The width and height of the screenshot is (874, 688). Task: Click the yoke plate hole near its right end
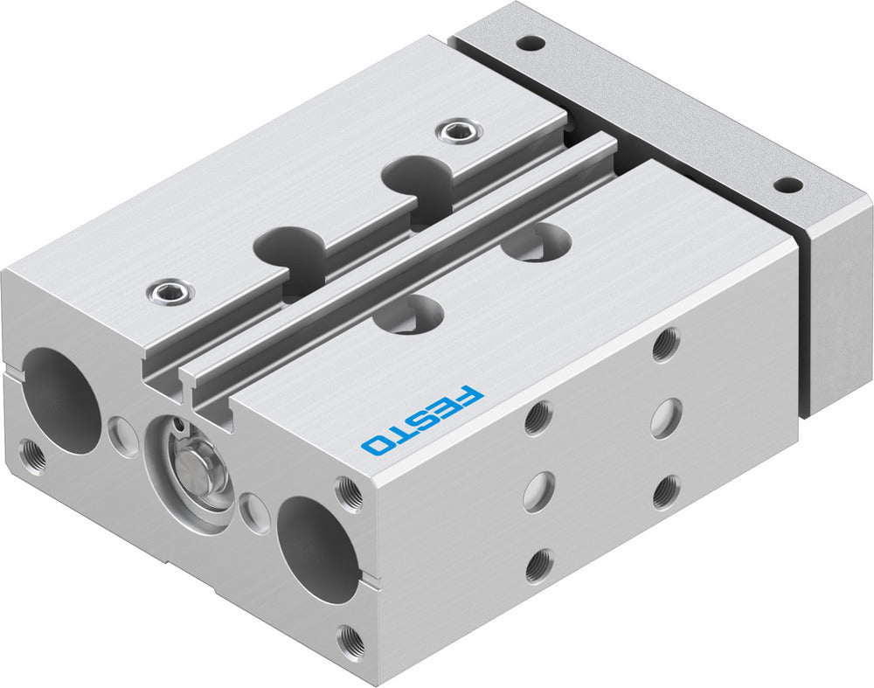point(787,185)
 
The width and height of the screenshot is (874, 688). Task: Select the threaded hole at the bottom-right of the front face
point(352,642)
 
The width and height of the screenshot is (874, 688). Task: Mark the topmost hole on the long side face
point(665,344)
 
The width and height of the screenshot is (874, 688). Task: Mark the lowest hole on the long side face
point(538,566)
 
